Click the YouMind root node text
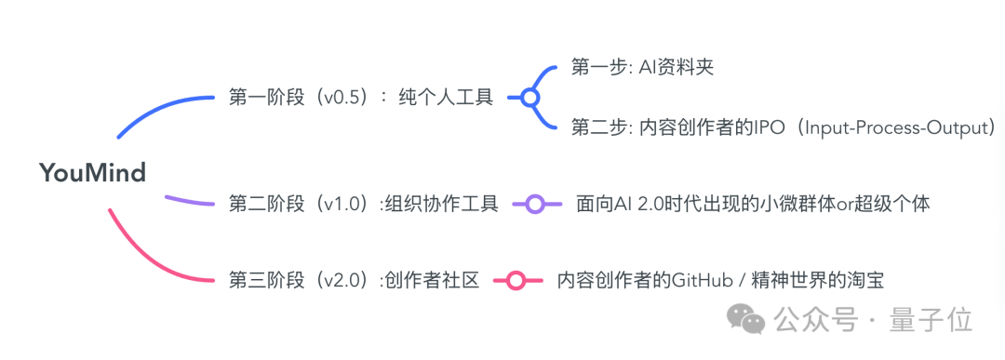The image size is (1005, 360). pyautogui.click(x=92, y=172)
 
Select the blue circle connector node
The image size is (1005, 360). pyautogui.click(x=529, y=98)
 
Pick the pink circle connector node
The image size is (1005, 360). pyautogui.click(x=513, y=280)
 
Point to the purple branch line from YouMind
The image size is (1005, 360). pyautogui.click(x=191, y=200)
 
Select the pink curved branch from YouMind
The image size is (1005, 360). pyautogui.click(x=149, y=260)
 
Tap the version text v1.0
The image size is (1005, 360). pyautogui.click(x=340, y=204)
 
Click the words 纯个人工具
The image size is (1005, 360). pyautogui.click(x=446, y=98)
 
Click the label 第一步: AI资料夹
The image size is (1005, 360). pyautogui.click(x=641, y=68)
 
